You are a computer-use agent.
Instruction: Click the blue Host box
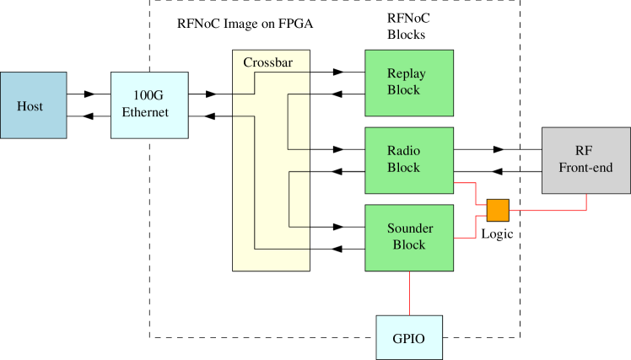point(33,105)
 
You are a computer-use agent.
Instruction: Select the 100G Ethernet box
point(148,105)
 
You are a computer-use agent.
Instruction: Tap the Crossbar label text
point(262,63)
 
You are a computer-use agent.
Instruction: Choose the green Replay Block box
point(408,83)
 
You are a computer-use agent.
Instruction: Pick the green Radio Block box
point(408,160)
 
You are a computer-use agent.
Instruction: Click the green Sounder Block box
point(408,237)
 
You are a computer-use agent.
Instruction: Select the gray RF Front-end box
point(585,160)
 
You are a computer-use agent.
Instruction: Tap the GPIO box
point(408,338)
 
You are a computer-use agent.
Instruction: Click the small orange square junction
point(498,210)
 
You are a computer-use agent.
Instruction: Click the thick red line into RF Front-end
point(548,210)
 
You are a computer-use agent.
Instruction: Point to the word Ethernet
point(146,112)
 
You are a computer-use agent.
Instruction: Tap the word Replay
point(407,74)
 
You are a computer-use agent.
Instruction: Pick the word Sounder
point(410,228)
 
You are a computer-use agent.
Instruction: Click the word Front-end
point(585,168)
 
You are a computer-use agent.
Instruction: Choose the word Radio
point(404,152)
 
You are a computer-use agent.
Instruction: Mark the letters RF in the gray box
point(584,152)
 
